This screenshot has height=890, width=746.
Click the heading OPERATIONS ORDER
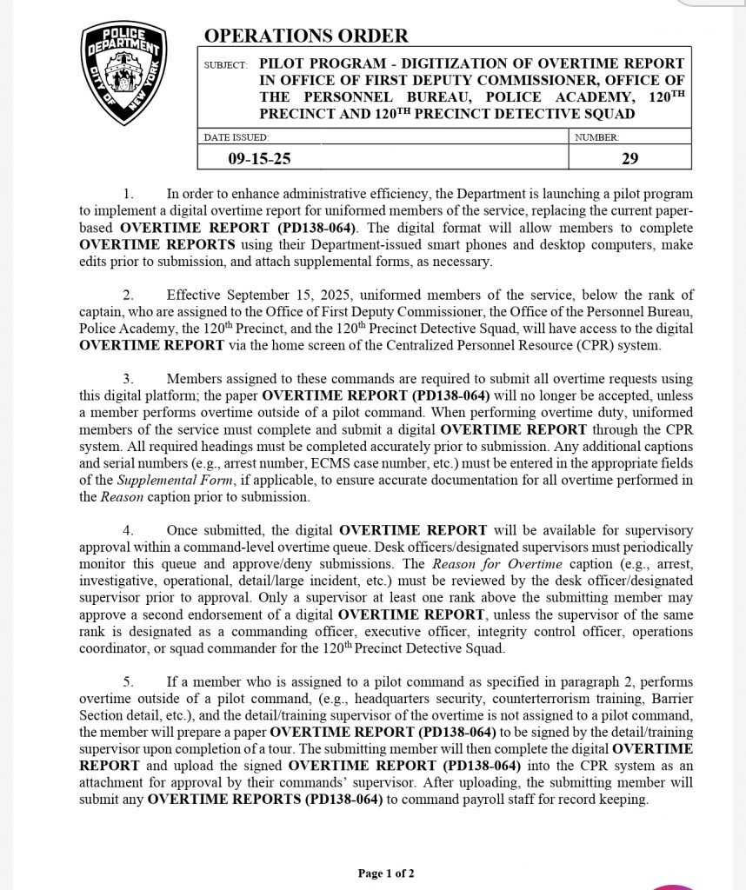pyautogui.click(x=305, y=36)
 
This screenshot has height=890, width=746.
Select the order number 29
pyautogui.click(x=630, y=158)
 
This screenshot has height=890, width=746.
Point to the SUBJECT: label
pyautogui.click(x=225, y=65)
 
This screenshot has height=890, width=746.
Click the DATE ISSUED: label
pyautogui.click(x=236, y=137)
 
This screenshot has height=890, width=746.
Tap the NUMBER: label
pyautogui.click(x=596, y=137)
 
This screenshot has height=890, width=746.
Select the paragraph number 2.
pyautogui.click(x=128, y=296)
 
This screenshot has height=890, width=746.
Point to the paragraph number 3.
pyautogui.click(x=128, y=379)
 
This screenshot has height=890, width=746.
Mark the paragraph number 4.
pyautogui.click(x=128, y=530)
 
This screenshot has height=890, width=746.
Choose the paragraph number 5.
pyautogui.click(x=128, y=682)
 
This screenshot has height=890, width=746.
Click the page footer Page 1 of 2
pyautogui.click(x=386, y=873)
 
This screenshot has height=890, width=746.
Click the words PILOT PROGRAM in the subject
pyautogui.click(x=318, y=64)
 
